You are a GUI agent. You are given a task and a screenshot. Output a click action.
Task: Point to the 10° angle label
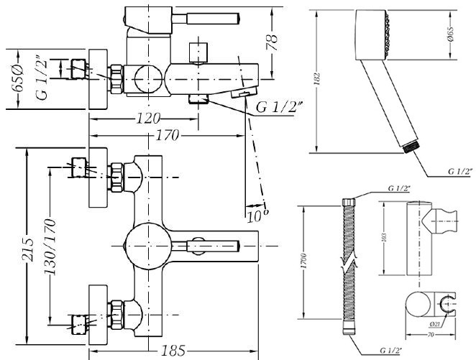[256, 213]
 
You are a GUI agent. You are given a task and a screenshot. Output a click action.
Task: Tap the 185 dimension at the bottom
[172, 351]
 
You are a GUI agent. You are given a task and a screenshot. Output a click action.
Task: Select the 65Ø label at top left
[17, 78]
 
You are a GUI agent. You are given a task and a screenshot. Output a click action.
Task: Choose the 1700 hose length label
[306, 259]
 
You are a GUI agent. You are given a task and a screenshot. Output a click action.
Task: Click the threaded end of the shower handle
[411, 145]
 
